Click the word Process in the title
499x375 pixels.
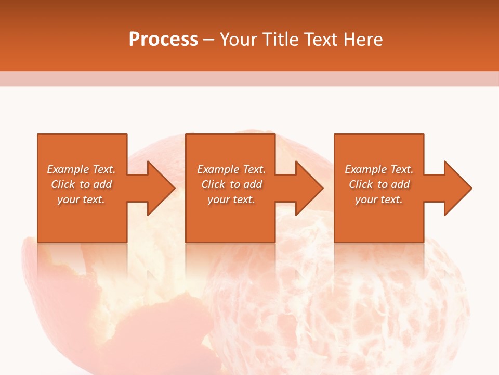point(163,40)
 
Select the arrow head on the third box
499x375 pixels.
point(457,188)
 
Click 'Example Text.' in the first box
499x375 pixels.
point(81,169)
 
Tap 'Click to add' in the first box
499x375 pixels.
point(82,184)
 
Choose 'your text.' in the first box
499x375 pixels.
point(81,199)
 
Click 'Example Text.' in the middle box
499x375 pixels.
point(231,169)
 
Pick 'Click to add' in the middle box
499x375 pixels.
point(231,184)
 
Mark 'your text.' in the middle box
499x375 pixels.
point(231,199)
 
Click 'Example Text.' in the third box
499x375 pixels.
point(379,169)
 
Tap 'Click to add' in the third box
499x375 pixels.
point(379,184)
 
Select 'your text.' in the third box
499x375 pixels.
point(378,199)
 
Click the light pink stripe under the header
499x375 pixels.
point(249,79)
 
